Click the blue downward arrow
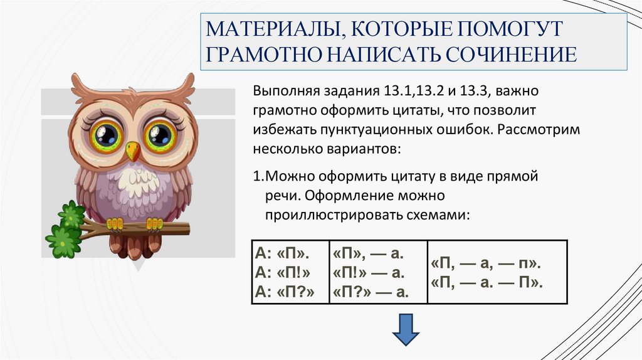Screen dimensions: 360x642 406,330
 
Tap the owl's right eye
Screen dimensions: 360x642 160,134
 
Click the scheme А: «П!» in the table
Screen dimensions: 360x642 283,273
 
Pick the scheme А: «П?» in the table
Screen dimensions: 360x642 284,290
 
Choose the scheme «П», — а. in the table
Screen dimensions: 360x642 368,255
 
